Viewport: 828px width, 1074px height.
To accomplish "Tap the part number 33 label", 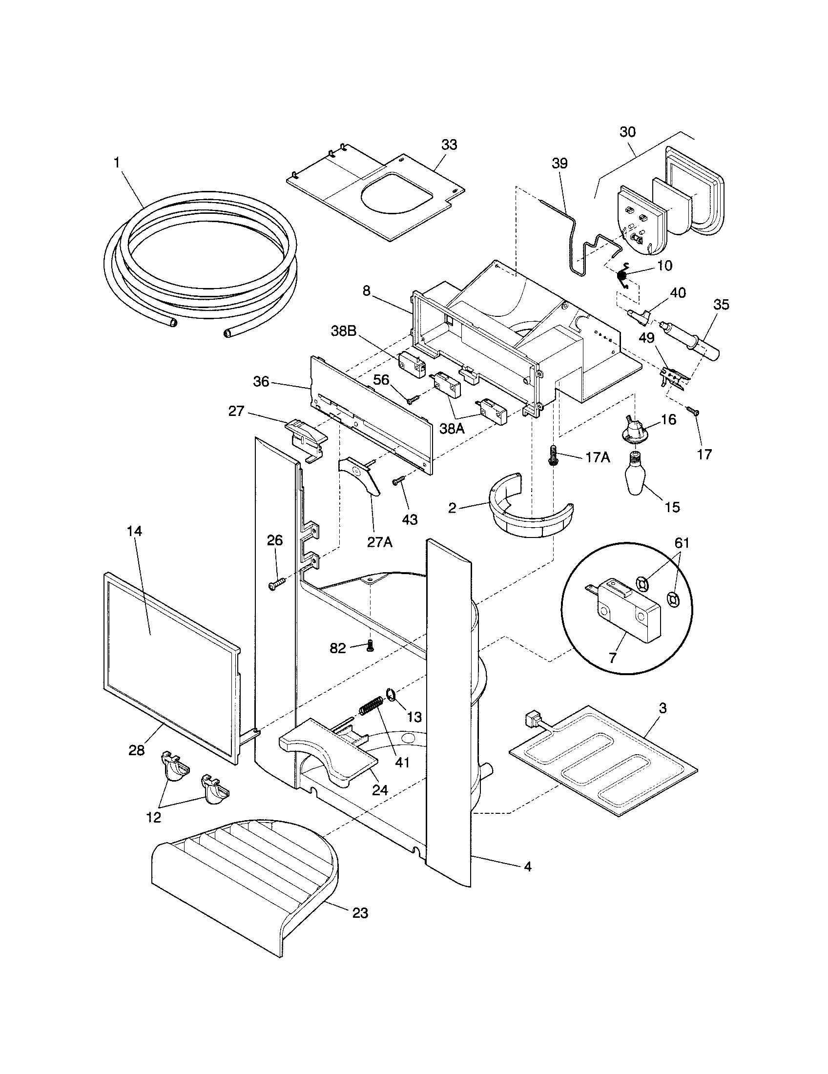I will (x=448, y=145).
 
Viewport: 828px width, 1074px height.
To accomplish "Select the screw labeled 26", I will (x=275, y=584).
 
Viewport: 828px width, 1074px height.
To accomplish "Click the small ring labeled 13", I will (x=391, y=695).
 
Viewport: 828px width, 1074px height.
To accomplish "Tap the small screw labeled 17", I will (x=694, y=410).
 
